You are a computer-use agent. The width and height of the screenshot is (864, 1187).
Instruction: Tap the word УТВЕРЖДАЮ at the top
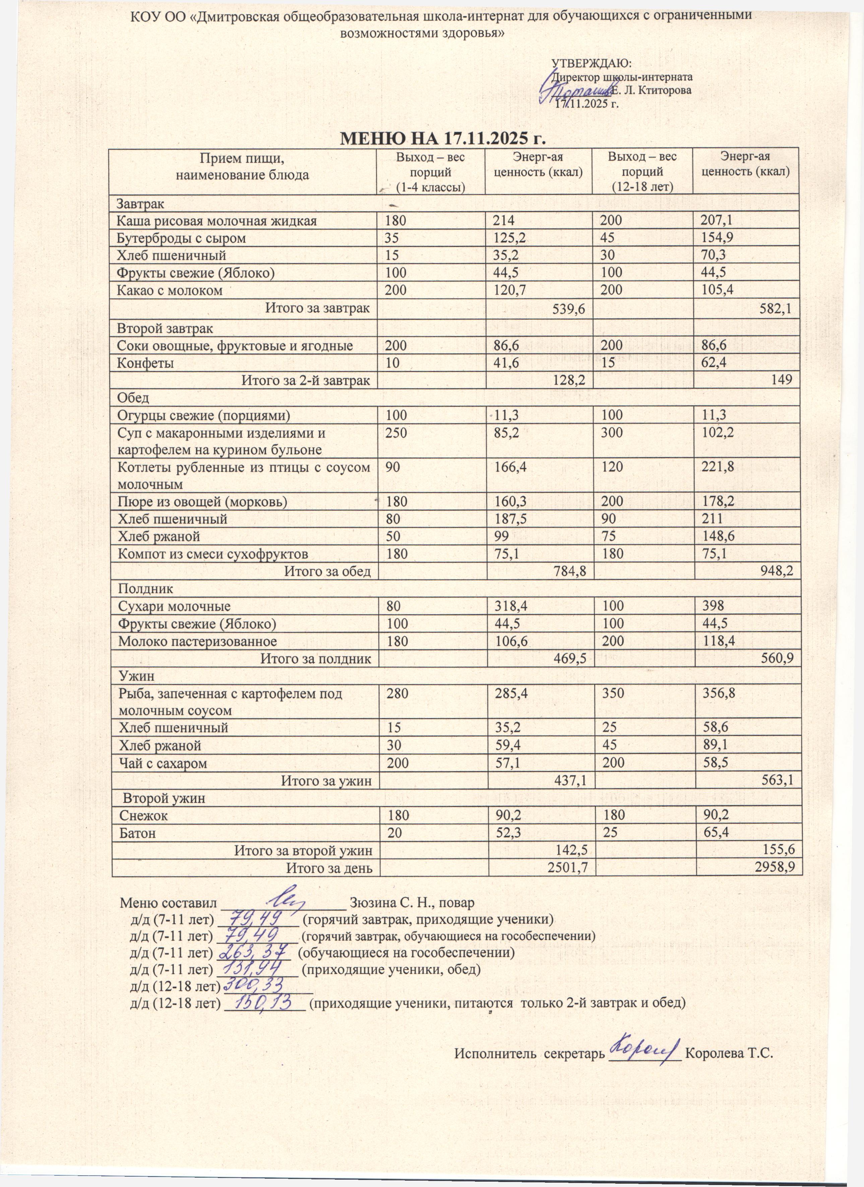point(592,64)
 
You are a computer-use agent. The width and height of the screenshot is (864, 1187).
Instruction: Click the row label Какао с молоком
point(170,291)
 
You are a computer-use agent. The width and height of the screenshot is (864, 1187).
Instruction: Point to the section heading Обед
point(133,398)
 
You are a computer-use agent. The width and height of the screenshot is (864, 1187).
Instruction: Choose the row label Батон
point(137,833)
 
